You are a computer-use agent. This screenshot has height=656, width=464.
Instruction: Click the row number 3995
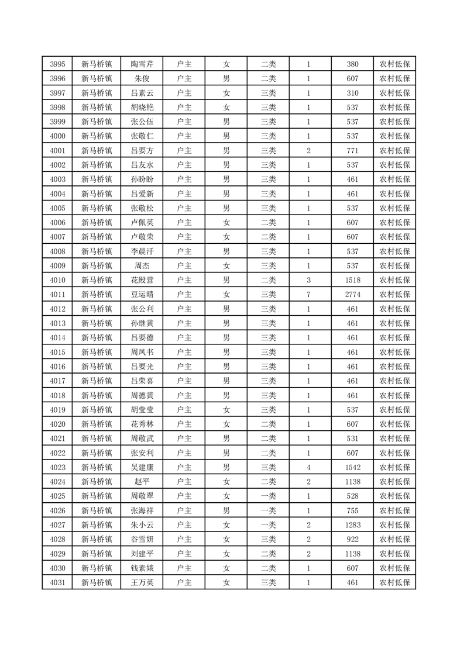click(57, 64)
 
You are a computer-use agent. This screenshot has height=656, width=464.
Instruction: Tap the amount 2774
click(352, 295)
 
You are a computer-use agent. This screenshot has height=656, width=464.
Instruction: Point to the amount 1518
click(352, 280)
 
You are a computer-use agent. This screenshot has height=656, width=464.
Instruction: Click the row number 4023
click(57, 467)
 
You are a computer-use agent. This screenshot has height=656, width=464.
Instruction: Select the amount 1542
click(352, 467)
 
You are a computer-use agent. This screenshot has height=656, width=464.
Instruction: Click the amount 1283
click(352, 525)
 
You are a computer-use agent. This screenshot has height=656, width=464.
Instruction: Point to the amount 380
click(352, 64)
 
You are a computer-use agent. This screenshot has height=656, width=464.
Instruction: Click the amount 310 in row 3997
click(352, 93)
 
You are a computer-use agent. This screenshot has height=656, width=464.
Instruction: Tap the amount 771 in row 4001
click(352, 151)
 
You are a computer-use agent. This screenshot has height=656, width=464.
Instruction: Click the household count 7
click(308, 295)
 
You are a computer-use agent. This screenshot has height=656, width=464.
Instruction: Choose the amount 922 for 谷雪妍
click(352, 539)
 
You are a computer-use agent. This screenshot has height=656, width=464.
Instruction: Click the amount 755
click(352, 510)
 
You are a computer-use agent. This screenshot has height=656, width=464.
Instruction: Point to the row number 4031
click(57, 582)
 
